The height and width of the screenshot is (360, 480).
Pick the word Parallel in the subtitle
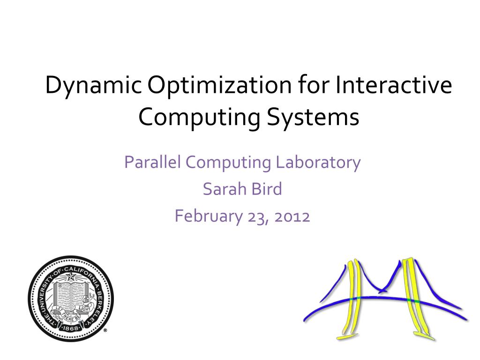pyautogui.click(x=153, y=163)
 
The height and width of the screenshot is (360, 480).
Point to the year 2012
pyautogui.click(x=292, y=216)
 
